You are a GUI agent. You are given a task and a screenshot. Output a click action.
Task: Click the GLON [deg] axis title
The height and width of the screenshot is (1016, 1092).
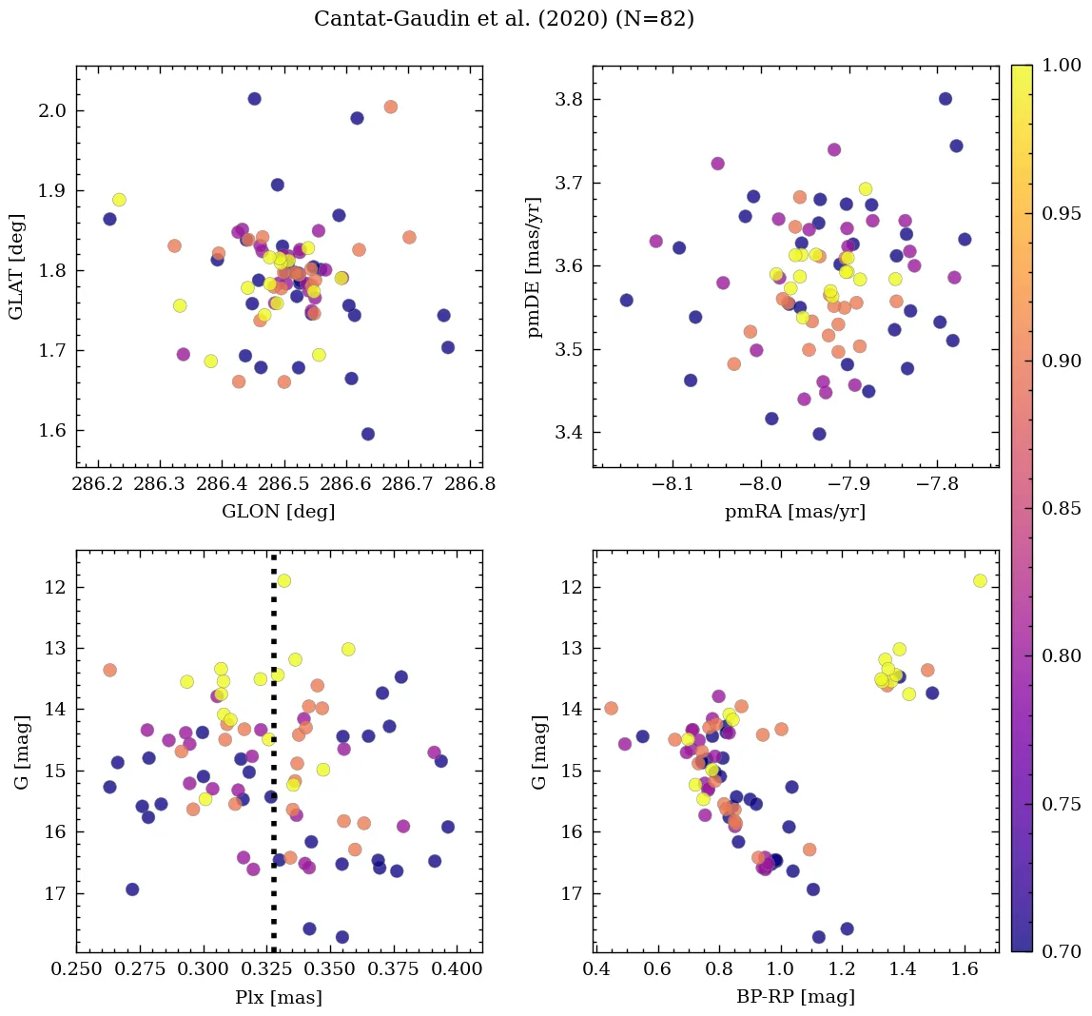click(279, 512)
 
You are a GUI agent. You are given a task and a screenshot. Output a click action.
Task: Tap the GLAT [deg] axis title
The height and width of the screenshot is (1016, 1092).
click(16, 266)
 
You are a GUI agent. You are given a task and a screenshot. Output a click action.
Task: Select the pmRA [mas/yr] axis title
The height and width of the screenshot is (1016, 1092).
click(795, 512)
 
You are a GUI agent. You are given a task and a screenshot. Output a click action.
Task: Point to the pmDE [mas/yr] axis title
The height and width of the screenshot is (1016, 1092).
click(535, 266)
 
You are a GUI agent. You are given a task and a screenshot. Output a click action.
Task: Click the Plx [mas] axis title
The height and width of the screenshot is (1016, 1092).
click(279, 997)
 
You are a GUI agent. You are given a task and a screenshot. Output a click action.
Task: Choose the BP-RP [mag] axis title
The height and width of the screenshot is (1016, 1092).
click(795, 997)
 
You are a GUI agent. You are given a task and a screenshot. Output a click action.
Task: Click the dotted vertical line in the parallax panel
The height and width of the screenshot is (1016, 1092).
click(274, 761)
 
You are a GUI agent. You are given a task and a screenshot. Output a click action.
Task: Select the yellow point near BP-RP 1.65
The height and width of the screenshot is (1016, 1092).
click(980, 580)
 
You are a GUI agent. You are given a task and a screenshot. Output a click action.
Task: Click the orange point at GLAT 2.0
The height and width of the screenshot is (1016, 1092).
click(390, 107)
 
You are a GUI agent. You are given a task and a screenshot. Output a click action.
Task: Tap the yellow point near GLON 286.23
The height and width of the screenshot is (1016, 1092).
click(119, 200)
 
